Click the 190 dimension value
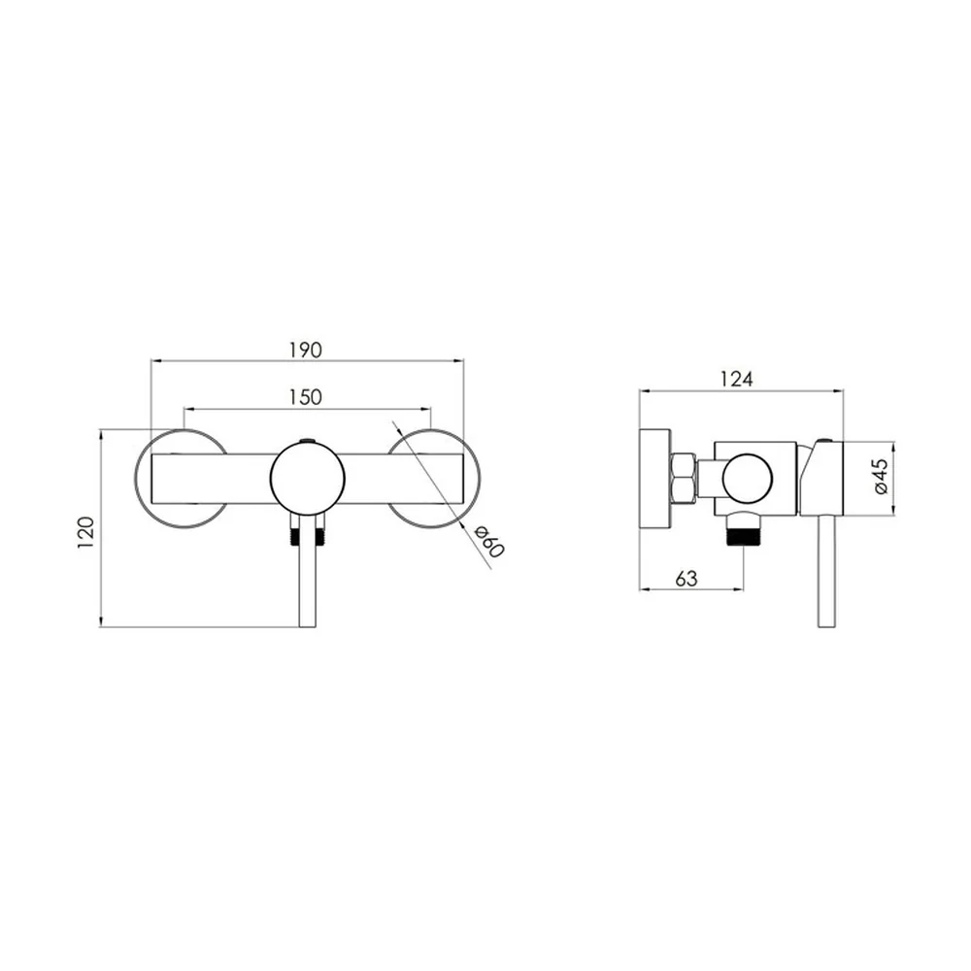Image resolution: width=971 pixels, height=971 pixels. [306, 350]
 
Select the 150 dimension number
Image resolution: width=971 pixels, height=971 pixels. [306, 397]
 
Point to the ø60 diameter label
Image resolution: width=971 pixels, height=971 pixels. [489, 541]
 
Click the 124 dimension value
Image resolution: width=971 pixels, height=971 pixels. [736, 379]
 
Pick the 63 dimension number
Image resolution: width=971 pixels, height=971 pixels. [686, 579]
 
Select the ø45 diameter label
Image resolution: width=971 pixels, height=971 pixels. [882, 476]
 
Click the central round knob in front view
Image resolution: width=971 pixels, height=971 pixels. [307, 478]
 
